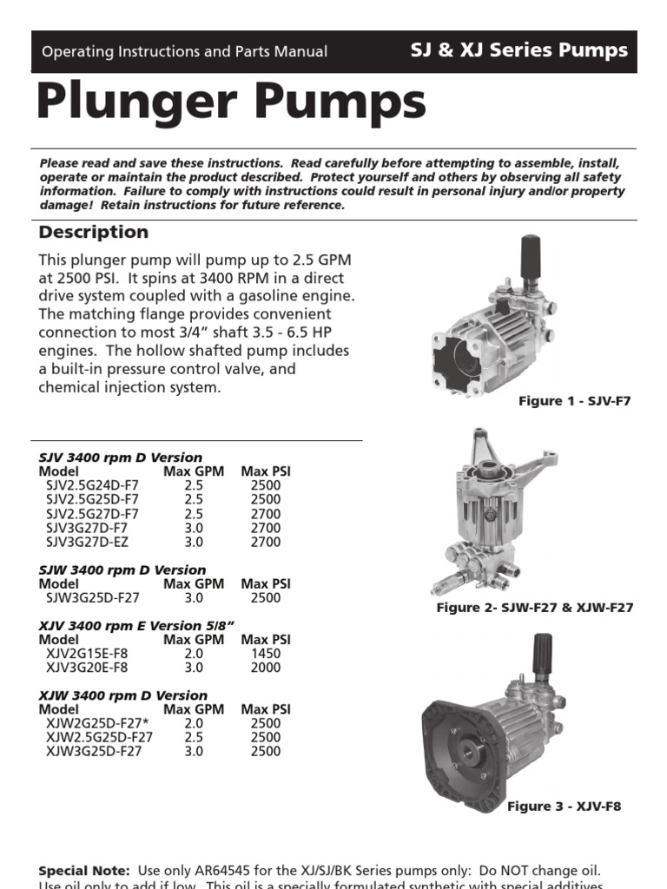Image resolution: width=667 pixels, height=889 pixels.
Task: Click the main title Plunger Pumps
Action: pyautogui.click(x=231, y=102)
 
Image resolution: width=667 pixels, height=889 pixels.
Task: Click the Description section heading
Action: pyautogui.click(x=94, y=233)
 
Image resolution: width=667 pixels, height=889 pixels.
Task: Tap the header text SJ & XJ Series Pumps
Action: pyautogui.click(x=518, y=50)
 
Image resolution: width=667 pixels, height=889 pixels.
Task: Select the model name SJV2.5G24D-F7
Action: pyautogui.click(x=91, y=485)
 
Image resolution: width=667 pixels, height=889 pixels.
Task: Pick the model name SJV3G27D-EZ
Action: pyautogui.click(x=91, y=542)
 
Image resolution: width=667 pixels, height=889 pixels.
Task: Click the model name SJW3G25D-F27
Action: pyautogui.click(x=93, y=598)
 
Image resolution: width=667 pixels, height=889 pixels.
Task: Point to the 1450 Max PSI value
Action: pyautogui.click(x=266, y=654)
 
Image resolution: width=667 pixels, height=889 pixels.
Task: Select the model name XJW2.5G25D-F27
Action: pyautogui.click(x=99, y=737)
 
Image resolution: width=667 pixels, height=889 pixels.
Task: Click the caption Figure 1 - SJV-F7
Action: pyautogui.click(x=574, y=401)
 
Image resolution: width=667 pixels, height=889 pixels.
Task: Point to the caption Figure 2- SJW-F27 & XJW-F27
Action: pyautogui.click(x=534, y=608)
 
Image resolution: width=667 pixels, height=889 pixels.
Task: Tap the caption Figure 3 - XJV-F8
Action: pyautogui.click(x=564, y=807)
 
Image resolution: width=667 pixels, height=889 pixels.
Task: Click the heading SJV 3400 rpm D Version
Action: pyautogui.click(x=121, y=458)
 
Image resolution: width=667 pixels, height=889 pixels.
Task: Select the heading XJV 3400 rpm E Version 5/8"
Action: pyautogui.click(x=137, y=626)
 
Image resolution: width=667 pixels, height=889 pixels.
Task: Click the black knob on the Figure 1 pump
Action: pyautogui.click(x=529, y=254)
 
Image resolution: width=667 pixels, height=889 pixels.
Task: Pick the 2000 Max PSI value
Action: pyautogui.click(x=266, y=668)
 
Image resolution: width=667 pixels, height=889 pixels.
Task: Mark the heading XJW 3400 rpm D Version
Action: pyautogui.click(x=122, y=695)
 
